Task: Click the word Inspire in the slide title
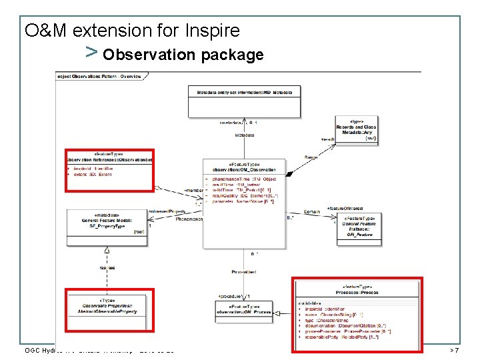click(209, 31)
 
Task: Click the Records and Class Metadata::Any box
click(355, 130)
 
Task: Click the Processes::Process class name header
click(359, 292)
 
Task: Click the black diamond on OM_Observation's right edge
click(289, 173)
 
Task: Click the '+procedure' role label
click(231, 295)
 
